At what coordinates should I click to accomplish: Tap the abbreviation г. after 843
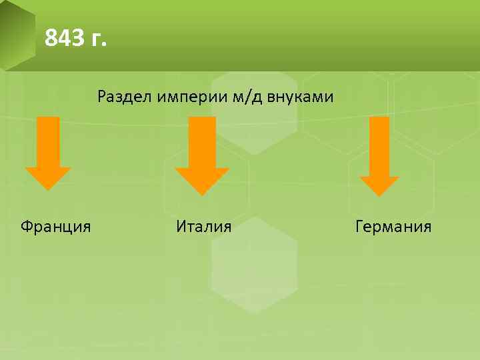96,41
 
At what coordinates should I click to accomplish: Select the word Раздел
125,97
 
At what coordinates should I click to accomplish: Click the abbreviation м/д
247,98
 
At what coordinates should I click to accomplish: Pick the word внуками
301,98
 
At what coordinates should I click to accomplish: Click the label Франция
56,227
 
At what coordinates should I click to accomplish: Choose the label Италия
204,227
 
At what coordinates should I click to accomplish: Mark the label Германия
393,227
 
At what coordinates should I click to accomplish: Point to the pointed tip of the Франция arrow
48,189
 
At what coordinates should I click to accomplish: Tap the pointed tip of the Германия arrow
379,194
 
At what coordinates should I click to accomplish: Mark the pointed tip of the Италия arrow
202,194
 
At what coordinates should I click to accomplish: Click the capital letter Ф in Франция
26,227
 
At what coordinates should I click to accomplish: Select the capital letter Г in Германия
360,227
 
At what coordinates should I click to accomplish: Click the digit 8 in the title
51,39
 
